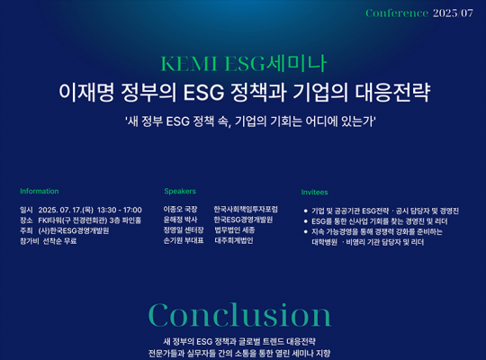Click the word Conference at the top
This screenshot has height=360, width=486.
click(397, 13)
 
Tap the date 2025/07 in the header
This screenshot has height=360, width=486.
click(453, 13)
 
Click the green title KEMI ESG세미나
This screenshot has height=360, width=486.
click(243, 64)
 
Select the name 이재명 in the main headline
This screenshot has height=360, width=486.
click(86, 92)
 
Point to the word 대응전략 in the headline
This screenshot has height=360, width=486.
click(392, 92)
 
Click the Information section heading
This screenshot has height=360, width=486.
click(40, 191)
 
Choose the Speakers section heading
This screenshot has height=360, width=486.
click(180, 191)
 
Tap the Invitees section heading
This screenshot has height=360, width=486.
click(315, 193)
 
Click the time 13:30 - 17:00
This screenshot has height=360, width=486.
click(120, 210)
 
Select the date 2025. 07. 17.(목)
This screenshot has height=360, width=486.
click(66, 210)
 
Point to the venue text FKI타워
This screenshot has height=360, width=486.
click(49, 220)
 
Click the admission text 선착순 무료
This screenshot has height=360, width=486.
click(59, 241)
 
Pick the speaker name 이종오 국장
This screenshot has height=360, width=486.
click(180, 210)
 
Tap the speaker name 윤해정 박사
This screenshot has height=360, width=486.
click(180, 220)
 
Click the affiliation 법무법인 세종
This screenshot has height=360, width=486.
click(235, 230)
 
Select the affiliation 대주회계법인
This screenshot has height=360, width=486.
click(234, 240)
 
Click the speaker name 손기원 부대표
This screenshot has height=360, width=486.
click(184, 240)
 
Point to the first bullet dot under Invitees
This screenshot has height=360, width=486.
click(306, 211)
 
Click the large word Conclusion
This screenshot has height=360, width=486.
click(240, 315)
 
